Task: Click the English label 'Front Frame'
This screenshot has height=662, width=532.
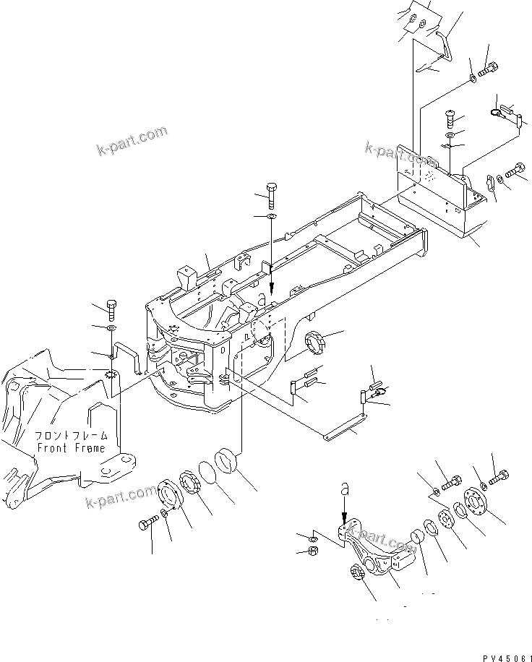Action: (71, 447)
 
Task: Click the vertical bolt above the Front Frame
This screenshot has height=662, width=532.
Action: (111, 309)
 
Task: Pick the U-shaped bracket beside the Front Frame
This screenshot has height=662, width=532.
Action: (128, 357)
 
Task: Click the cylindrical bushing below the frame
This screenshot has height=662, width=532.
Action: (230, 460)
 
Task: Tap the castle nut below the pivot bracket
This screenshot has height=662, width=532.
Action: (359, 572)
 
